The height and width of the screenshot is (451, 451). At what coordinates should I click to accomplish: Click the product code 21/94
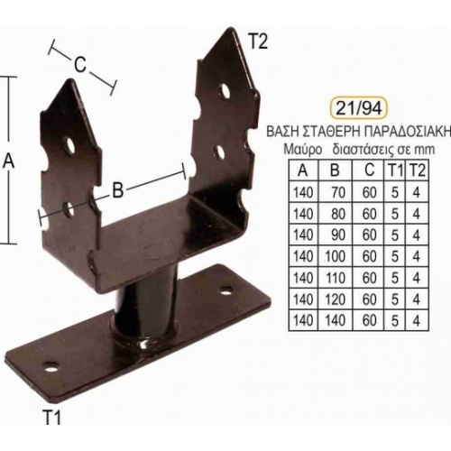358,108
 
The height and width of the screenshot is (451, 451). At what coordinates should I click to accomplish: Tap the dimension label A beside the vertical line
9,161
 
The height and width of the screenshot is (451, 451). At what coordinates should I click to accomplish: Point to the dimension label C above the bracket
80,65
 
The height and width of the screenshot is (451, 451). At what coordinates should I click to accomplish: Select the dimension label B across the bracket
118,190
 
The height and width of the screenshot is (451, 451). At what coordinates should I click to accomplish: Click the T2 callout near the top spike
258,42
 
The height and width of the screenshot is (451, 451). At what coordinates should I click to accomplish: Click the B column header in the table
335,170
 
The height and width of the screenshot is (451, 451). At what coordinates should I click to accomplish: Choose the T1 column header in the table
394,170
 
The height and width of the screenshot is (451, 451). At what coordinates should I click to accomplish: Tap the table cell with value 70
338,192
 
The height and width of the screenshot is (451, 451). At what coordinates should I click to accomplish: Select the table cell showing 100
336,256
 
